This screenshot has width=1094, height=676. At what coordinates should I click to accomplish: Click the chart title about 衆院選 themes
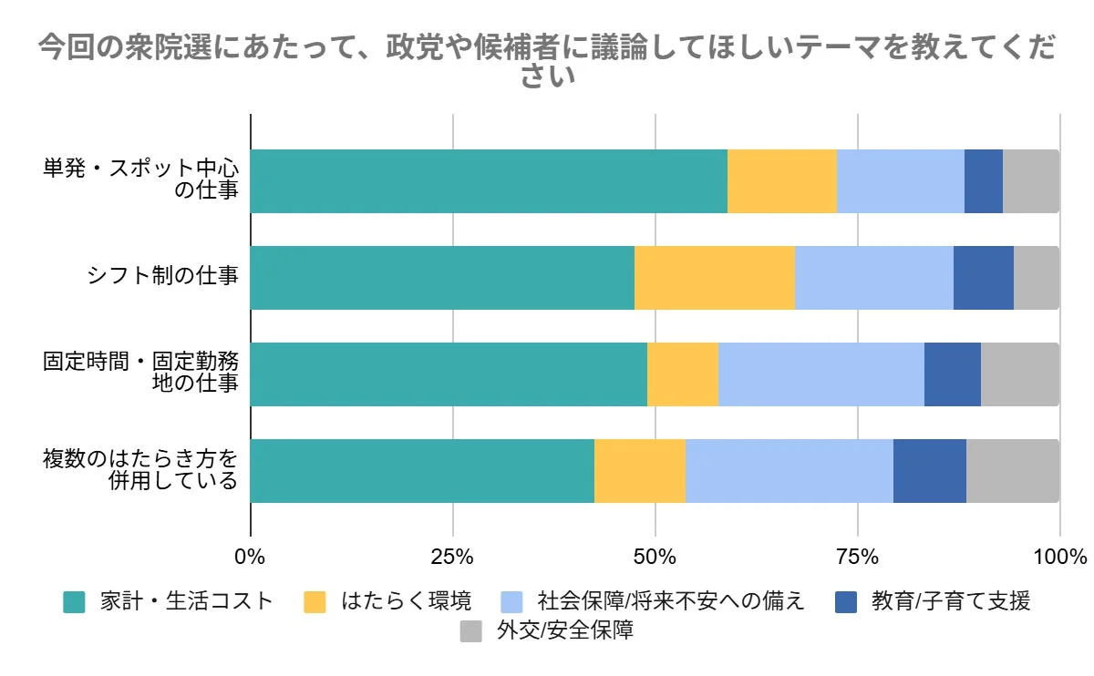pyautogui.click(x=547, y=61)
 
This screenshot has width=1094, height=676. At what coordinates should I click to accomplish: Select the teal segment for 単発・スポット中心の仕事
pyautogui.click(x=489, y=181)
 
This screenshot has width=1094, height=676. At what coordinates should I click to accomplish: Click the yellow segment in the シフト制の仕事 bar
pyautogui.click(x=715, y=278)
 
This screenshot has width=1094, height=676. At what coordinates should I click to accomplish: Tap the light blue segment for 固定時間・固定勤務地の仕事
pyautogui.click(x=821, y=374)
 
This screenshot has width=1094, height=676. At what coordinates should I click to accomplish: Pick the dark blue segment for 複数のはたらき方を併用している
pyautogui.click(x=929, y=471)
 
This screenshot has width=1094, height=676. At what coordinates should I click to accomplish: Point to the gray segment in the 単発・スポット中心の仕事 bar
pyautogui.click(x=1030, y=181)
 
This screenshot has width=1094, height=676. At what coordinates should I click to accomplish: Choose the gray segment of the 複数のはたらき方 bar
pyautogui.click(x=1012, y=471)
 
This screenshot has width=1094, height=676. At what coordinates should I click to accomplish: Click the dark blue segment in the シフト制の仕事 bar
pyautogui.click(x=983, y=278)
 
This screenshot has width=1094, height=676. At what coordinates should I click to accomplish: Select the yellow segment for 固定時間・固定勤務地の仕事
pyautogui.click(x=683, y=374)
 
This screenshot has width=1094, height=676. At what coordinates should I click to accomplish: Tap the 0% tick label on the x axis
pyautogui.click(x=250, y=557)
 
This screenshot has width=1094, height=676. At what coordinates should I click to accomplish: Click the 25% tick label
pyautogui.click(x=452, y=557)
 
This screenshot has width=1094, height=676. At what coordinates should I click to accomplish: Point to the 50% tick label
pyautogui.click(x=655, y=557)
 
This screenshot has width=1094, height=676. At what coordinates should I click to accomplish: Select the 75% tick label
pyautogui.click(x=857, y=557)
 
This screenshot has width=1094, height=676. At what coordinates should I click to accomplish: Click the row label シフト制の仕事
pyautogui.click(x=162, y=278)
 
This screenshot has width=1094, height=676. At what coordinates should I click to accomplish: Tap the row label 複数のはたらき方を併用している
pyautogui.click(x=140, y=469)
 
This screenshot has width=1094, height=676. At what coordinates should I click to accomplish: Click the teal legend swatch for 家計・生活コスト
pyautogui.click(x=74, y=602)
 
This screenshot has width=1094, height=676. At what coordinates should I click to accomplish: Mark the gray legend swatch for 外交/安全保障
pyautogui.click(x=471, y=631)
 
